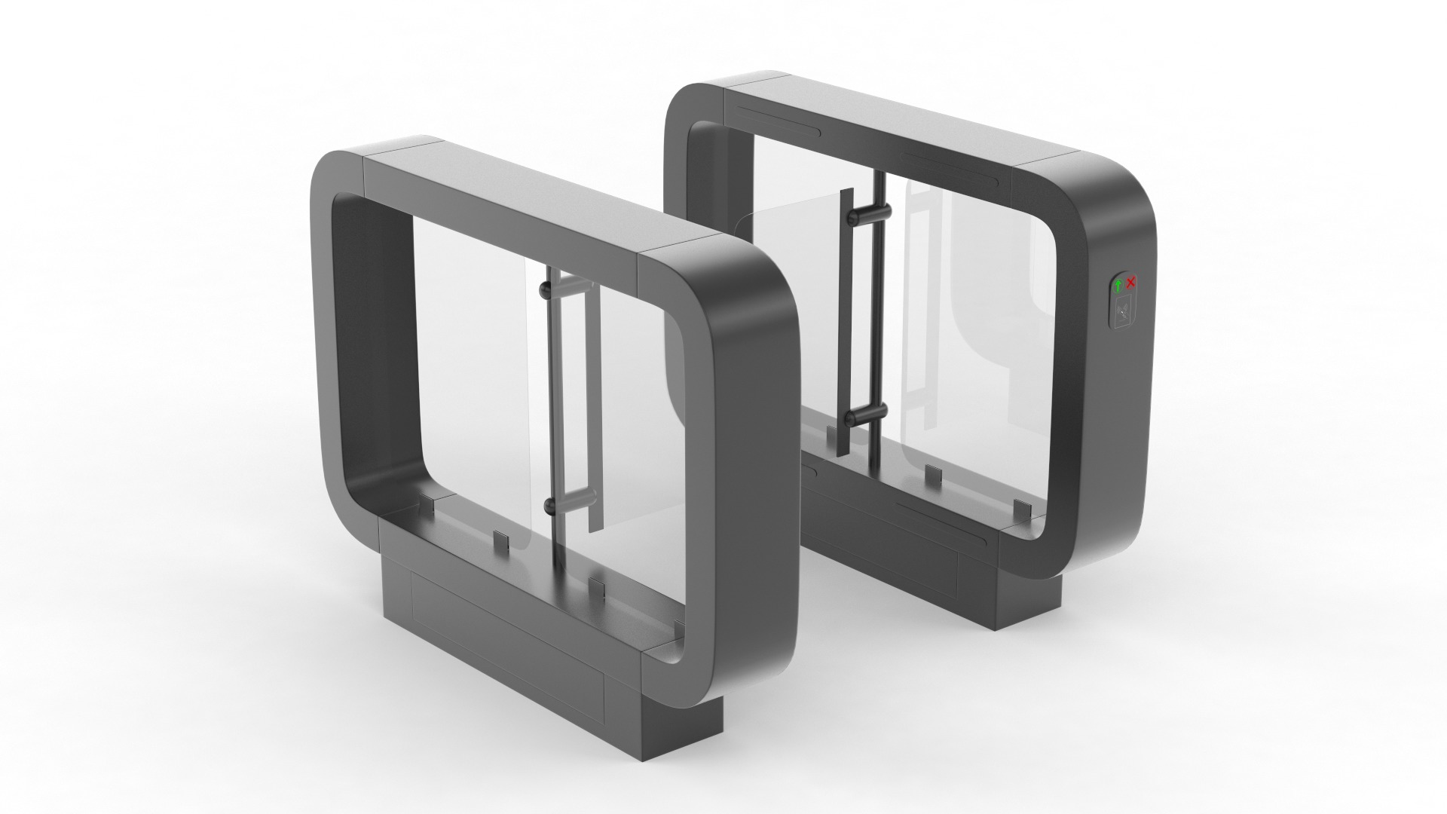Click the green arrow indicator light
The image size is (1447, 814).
pos(1118,285)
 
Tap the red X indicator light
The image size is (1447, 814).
pos(1131,283)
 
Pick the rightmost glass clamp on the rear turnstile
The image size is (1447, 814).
pos(1021,510)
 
